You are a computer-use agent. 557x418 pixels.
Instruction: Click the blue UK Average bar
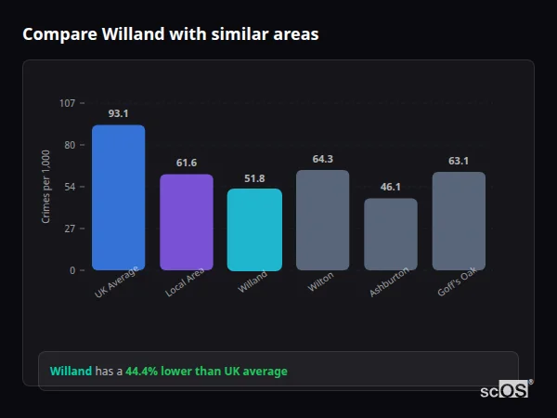point(118,198)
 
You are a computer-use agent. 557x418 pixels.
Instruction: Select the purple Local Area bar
point(187,222)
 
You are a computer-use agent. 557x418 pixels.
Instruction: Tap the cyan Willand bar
point(254,229)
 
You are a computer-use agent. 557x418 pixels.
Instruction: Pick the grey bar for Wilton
point(323,220)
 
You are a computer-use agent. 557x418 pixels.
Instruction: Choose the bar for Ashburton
point(391,234)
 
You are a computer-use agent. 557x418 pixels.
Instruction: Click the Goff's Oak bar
point(459,221)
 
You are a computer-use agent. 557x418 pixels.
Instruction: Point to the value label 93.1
point(118,113)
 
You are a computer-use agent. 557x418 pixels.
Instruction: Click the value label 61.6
point(187,163)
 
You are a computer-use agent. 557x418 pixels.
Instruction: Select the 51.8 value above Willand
point(254,177)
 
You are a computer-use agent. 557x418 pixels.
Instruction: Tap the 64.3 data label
point(323,159)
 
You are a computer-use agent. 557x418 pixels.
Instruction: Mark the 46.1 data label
point(391,187)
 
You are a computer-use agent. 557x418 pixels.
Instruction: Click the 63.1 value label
point(459,161)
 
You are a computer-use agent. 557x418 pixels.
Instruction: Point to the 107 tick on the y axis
point(67,103)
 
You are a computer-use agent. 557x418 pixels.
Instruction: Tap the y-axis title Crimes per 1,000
point(45,187)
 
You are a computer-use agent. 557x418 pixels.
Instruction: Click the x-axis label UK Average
point(117,282)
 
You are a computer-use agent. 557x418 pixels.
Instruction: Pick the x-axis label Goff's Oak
point(457,282)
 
